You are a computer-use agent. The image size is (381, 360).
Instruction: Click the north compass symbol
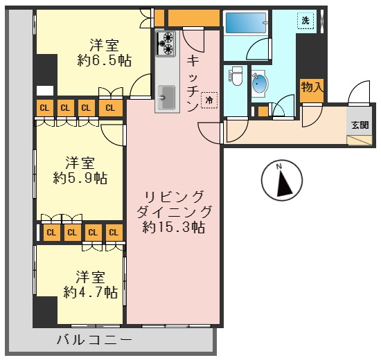point(281,181)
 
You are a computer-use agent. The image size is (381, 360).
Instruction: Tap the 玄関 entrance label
point(360,125)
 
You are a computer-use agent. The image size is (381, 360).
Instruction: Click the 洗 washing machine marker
point(305,21)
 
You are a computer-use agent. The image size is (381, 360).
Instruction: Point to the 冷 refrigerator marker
point(209,101)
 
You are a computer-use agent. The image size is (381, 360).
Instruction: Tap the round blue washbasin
point(260,84)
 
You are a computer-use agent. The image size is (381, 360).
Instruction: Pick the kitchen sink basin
point(167,97)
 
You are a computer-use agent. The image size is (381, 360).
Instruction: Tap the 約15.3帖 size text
point(173,226)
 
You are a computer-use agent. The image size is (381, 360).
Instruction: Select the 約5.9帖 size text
point(80,179)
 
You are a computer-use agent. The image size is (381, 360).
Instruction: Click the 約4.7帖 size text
point(90,291)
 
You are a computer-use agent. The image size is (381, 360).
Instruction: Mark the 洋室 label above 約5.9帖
point(80,163)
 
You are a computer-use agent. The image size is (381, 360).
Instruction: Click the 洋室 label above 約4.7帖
point(90,276)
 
